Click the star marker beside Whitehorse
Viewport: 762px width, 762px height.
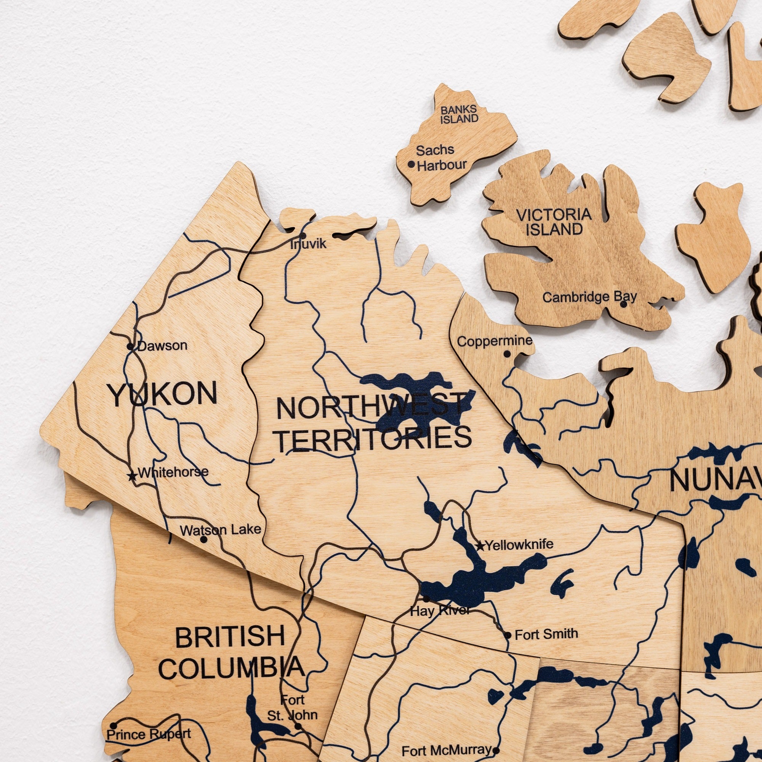(132, 476)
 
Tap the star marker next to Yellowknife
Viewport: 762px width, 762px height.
(480, 546)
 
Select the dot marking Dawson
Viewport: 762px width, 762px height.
(130, 347)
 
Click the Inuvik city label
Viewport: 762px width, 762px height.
(309, 244)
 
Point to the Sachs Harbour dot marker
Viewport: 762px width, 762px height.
(411, 164)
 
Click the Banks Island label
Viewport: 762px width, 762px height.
(459, 114)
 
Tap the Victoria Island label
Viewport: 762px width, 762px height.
(554, 222)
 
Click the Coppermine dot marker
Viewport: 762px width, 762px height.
(507, 354)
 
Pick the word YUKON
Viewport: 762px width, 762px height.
(163, 394)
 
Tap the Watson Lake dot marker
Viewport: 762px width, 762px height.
(203, 539)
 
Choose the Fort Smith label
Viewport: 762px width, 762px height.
(546, 634)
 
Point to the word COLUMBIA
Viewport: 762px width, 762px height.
(232, 668)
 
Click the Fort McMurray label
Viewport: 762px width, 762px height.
(447, 750)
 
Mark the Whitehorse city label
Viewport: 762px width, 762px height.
(173, 472)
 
